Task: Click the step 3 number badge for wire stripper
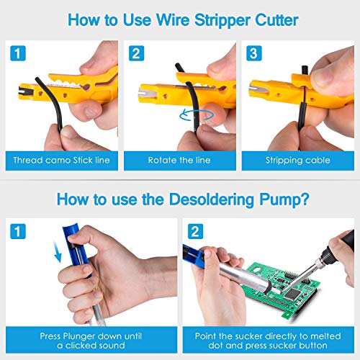(x=253, y=54)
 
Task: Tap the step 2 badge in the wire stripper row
(x=135, y=54)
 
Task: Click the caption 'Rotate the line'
(x=179, y=160)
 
